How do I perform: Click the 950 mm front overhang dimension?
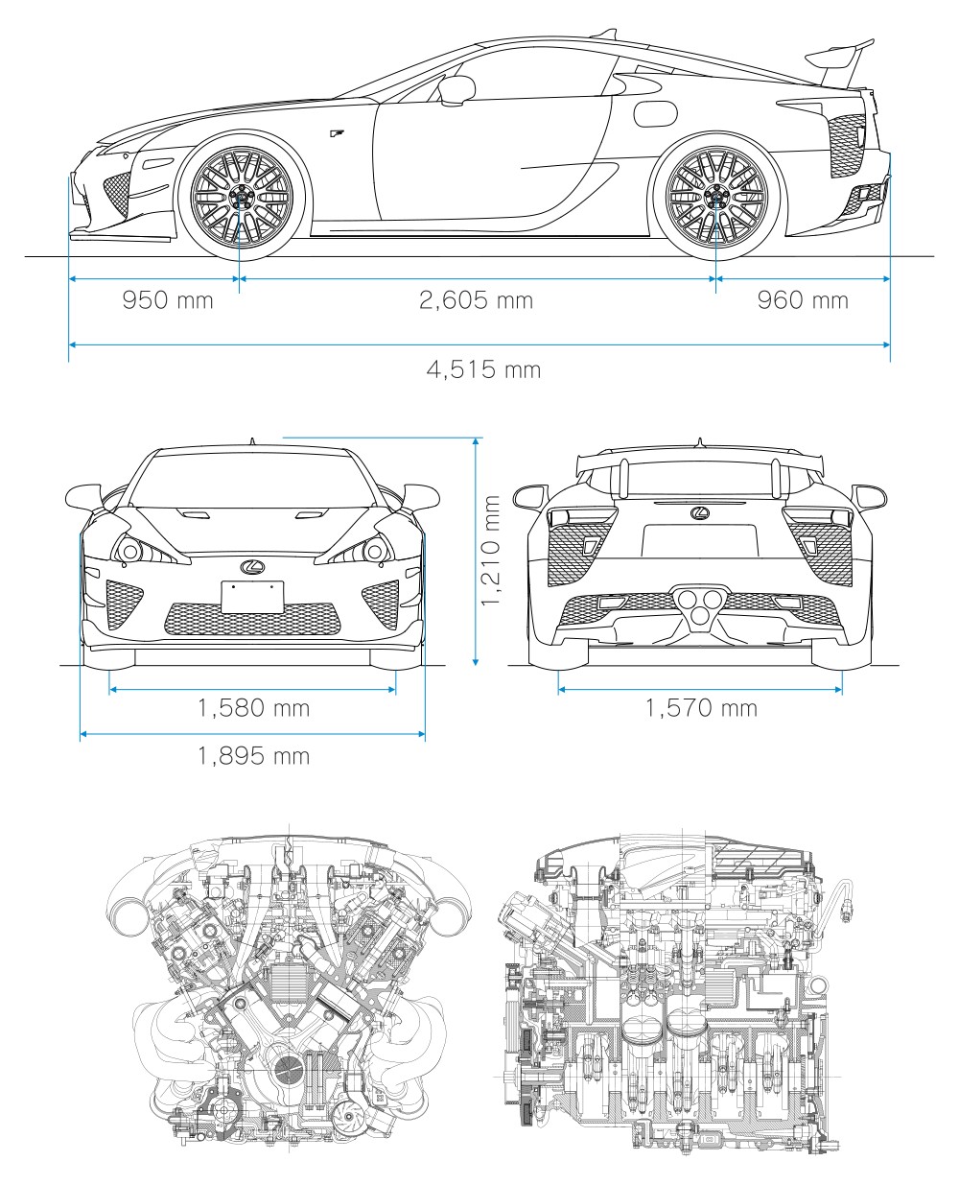point(168,300)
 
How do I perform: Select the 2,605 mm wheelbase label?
point(476,300)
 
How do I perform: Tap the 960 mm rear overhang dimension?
point(803,300)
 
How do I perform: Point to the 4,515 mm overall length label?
point(483,368)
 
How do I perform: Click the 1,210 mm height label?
point(491,550)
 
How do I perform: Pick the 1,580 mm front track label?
point(253,708)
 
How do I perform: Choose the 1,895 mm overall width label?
point(253,756)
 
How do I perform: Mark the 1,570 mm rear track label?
point(701,708)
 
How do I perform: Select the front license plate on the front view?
point(253,597)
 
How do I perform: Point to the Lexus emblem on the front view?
point(253,567)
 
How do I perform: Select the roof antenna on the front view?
point(253,441)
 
